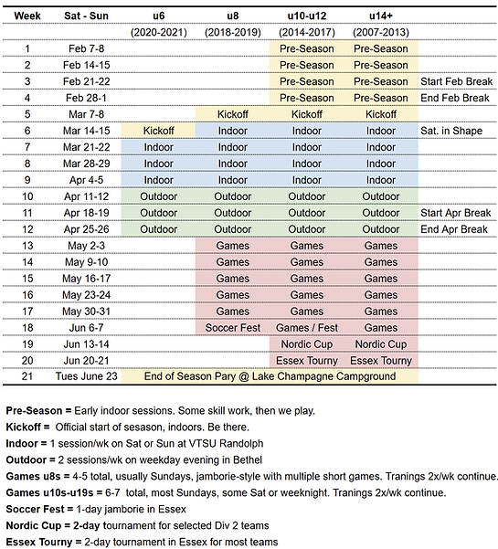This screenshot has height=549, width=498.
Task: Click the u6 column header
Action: click(158, 16)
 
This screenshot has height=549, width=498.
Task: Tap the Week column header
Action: click(27, 16)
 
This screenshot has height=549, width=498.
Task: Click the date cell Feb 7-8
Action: click(89, 48)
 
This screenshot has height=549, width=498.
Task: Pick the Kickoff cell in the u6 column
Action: click(158, 131)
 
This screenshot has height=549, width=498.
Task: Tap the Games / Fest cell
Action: click(306, 327)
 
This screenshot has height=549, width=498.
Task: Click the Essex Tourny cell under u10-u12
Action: click(306, 360)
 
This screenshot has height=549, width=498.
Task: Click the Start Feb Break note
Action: click(456, 81)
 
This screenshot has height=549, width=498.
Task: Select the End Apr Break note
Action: click(454, 228)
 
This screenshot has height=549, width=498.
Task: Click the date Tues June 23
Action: click(89, 376)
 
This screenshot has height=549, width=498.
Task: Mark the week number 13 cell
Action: click(27, 245)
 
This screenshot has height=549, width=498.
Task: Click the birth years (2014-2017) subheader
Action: click(306, 32)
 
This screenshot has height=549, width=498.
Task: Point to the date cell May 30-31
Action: click(89, 311)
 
